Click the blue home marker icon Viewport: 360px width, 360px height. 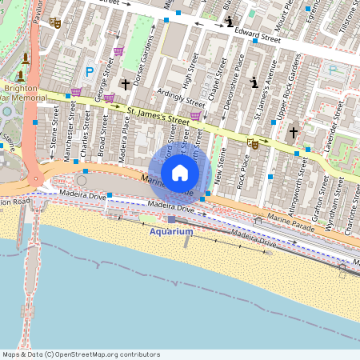click(180, 173)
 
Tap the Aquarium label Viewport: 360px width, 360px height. click(171, 231)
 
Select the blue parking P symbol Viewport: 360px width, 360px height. click(90, 71)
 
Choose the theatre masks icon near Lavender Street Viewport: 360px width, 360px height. click(254, 144)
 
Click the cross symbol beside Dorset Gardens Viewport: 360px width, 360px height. click(125, 84)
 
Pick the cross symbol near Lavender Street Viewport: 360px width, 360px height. click(293, 132)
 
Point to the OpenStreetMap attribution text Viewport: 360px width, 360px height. click(81, 354)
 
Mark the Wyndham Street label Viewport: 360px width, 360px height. click(330, 211)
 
